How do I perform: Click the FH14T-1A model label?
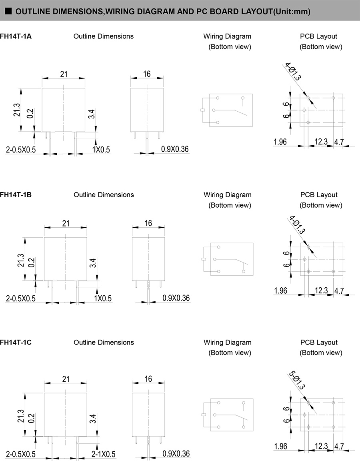[16, 36]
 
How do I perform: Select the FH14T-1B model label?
[16, 195]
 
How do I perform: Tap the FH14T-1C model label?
[16, 343]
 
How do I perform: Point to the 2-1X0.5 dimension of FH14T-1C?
[103, 454]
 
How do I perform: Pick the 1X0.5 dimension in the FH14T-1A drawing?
[102, 150]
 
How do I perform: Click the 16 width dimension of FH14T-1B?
[148, 223]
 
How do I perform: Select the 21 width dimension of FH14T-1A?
[64, 74]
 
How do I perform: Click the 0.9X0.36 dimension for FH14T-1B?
[176, 298]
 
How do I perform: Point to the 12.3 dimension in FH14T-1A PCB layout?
[321, 142]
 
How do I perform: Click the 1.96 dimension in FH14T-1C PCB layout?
[281, 446]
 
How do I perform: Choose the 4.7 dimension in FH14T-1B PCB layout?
[339, 291]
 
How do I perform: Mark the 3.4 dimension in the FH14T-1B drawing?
[92, 263]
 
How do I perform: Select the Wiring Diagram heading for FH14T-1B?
[228, 195]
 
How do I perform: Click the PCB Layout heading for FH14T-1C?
[319, 343]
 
